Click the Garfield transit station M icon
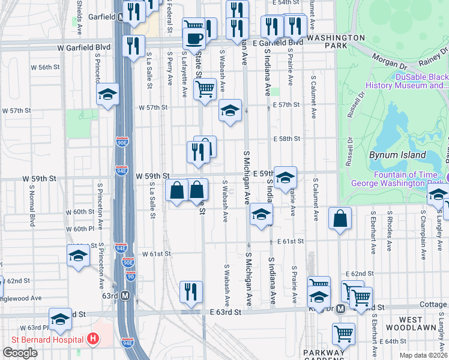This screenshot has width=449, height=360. click(x=121, y=17)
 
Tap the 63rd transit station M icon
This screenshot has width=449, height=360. click(x=125, y=295)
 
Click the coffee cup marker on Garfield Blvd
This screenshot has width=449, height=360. click(x=193, y=39)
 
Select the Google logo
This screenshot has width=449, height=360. click(x=20, y=352)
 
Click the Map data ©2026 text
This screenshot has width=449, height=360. click(x=423, y=355)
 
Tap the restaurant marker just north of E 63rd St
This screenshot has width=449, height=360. click(x=191, y=292)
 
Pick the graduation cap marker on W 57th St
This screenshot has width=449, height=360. click(x=229, y=110)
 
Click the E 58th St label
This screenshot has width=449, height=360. click(x=286, y=139)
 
